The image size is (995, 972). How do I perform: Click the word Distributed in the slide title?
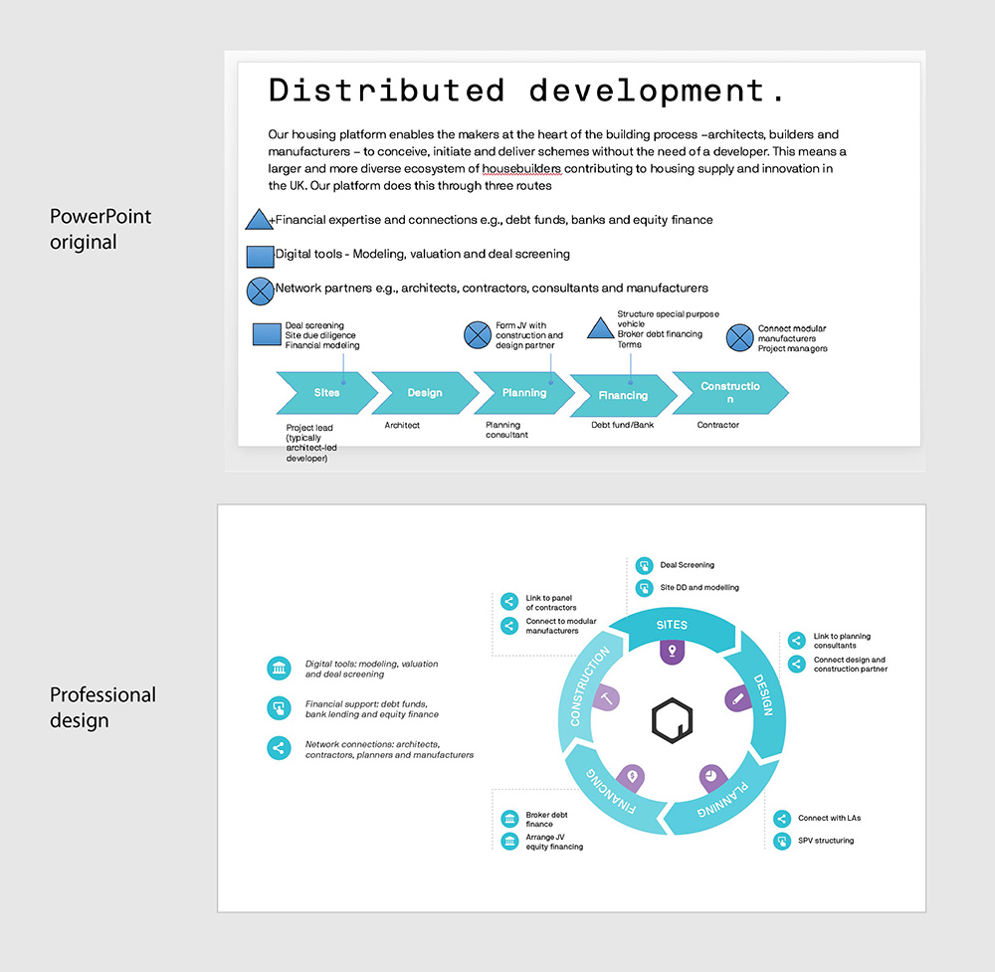coord(386,91)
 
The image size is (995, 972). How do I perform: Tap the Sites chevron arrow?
coord(326,393)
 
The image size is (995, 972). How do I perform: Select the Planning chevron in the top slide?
coord(524,393)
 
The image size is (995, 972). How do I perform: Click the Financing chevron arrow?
coord(623,395)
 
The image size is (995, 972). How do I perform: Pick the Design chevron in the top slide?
coord(425,393)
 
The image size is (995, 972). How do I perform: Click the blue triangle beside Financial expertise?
coord(259,219)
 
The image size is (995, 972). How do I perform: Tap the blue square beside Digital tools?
coord(260,257)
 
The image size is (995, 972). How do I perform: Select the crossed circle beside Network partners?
coord(260,292)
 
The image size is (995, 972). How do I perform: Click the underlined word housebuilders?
coord(521,169)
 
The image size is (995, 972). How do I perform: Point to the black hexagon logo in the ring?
coord(672,720)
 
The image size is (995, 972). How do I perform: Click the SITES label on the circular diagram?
coord(672,625)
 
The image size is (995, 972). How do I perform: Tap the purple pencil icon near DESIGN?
coord(737,698)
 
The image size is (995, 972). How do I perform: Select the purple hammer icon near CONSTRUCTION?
coord(606,698)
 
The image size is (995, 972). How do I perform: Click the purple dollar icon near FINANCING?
coord(632,777)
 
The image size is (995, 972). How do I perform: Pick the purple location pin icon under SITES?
coord(672,652)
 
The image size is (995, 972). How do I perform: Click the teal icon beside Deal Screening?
coord(644,565)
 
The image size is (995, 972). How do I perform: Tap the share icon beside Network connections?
coord(279,748)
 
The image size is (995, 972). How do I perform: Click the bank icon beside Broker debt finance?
coord(509,819)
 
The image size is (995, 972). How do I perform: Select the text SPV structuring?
coord(826,841)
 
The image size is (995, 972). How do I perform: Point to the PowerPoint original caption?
coord(100,229)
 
